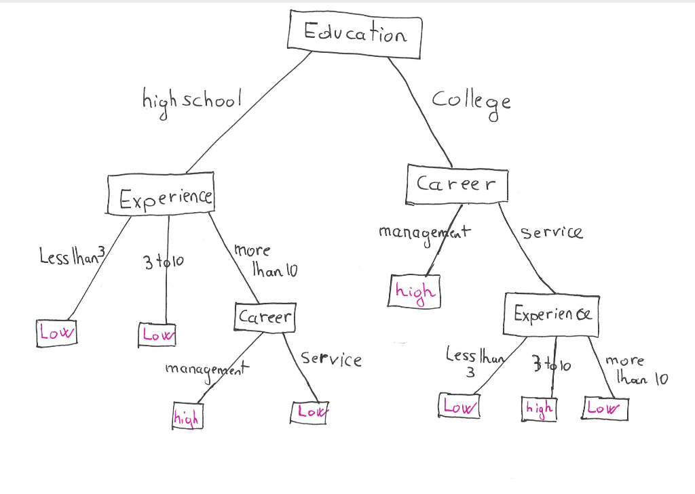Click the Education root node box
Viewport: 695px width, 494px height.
(354, 34)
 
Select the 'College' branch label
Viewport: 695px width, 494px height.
(471, 102)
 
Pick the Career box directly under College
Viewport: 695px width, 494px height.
(457, 184)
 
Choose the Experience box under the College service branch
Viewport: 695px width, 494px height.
(552, 315)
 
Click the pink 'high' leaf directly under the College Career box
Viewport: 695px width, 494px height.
(414, 291)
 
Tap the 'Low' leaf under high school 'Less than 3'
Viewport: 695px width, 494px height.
(57, 333)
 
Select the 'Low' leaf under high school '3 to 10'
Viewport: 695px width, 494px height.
(158, 334)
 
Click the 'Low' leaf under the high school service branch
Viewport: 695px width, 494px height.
(311, 411)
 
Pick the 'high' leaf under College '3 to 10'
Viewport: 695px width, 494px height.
(539, 409)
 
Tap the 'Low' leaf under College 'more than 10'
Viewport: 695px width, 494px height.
(605, 408)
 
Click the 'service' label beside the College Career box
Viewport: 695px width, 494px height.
(551, 232)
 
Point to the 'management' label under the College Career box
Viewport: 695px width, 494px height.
(424, 232)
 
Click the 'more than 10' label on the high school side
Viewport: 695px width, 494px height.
(265, 261)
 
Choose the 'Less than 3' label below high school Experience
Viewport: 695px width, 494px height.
(71, 257)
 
